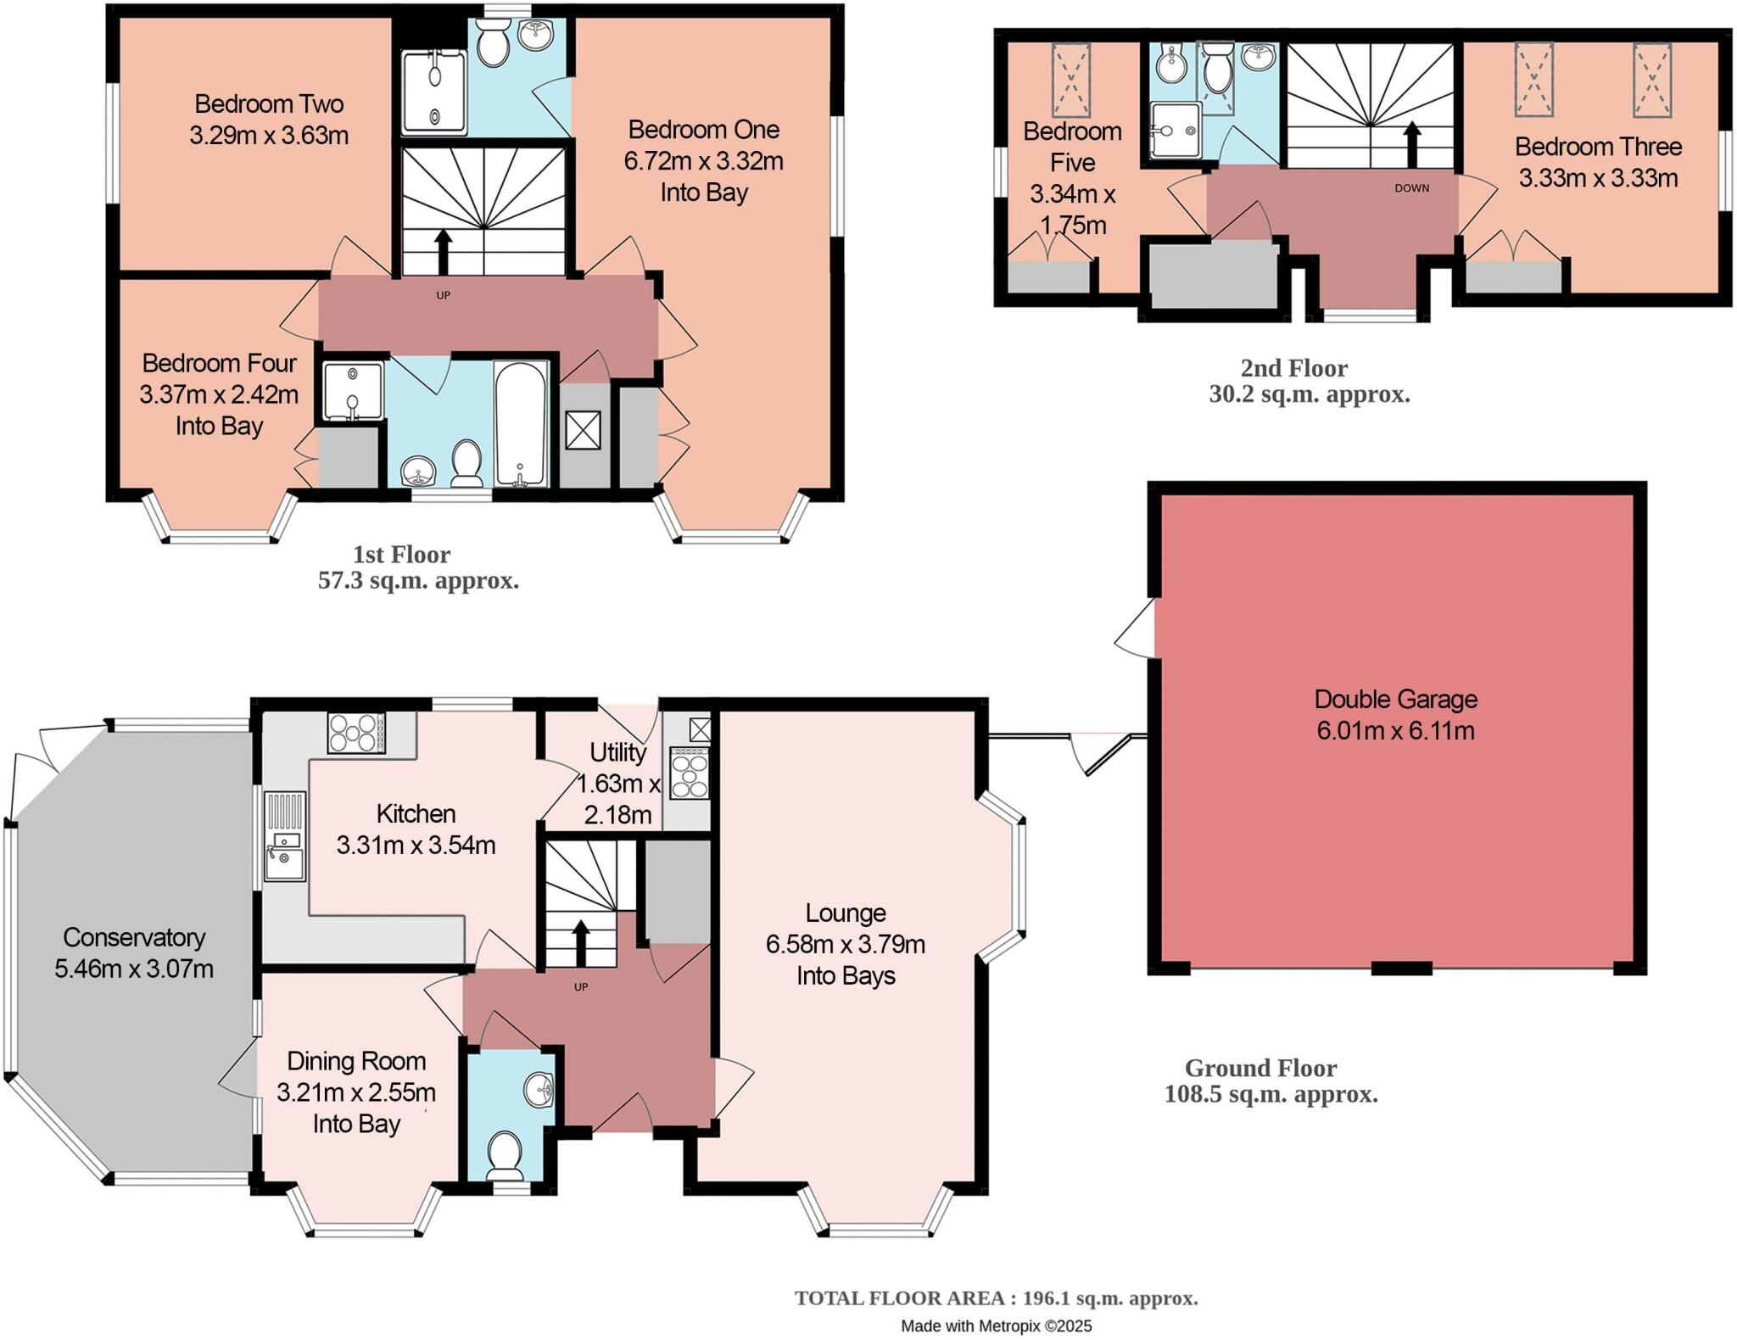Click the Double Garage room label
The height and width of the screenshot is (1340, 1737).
[1395, 699]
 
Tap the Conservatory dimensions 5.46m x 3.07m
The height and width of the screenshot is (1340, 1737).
[134, 969]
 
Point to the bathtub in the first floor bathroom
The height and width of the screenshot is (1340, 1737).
[520, 424]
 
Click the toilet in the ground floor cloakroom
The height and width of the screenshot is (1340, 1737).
[507, 1153]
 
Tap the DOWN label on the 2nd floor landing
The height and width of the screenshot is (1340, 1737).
[1411, 188]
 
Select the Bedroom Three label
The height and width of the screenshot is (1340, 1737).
[1598, 147]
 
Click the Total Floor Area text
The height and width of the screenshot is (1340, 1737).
[996, 1298]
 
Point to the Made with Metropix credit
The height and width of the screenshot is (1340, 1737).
[996, 1326]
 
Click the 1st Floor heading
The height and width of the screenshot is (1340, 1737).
[401, 555]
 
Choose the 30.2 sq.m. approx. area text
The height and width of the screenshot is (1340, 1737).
[1309, 394]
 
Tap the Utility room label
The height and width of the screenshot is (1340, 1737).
[617, 752]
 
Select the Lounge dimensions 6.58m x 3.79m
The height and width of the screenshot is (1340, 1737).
[845, 944]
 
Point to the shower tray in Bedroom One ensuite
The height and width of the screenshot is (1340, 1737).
[434, 92]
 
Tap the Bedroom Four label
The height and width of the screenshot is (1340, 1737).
[219, 363]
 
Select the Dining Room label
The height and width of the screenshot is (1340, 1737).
[356, 1061]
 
